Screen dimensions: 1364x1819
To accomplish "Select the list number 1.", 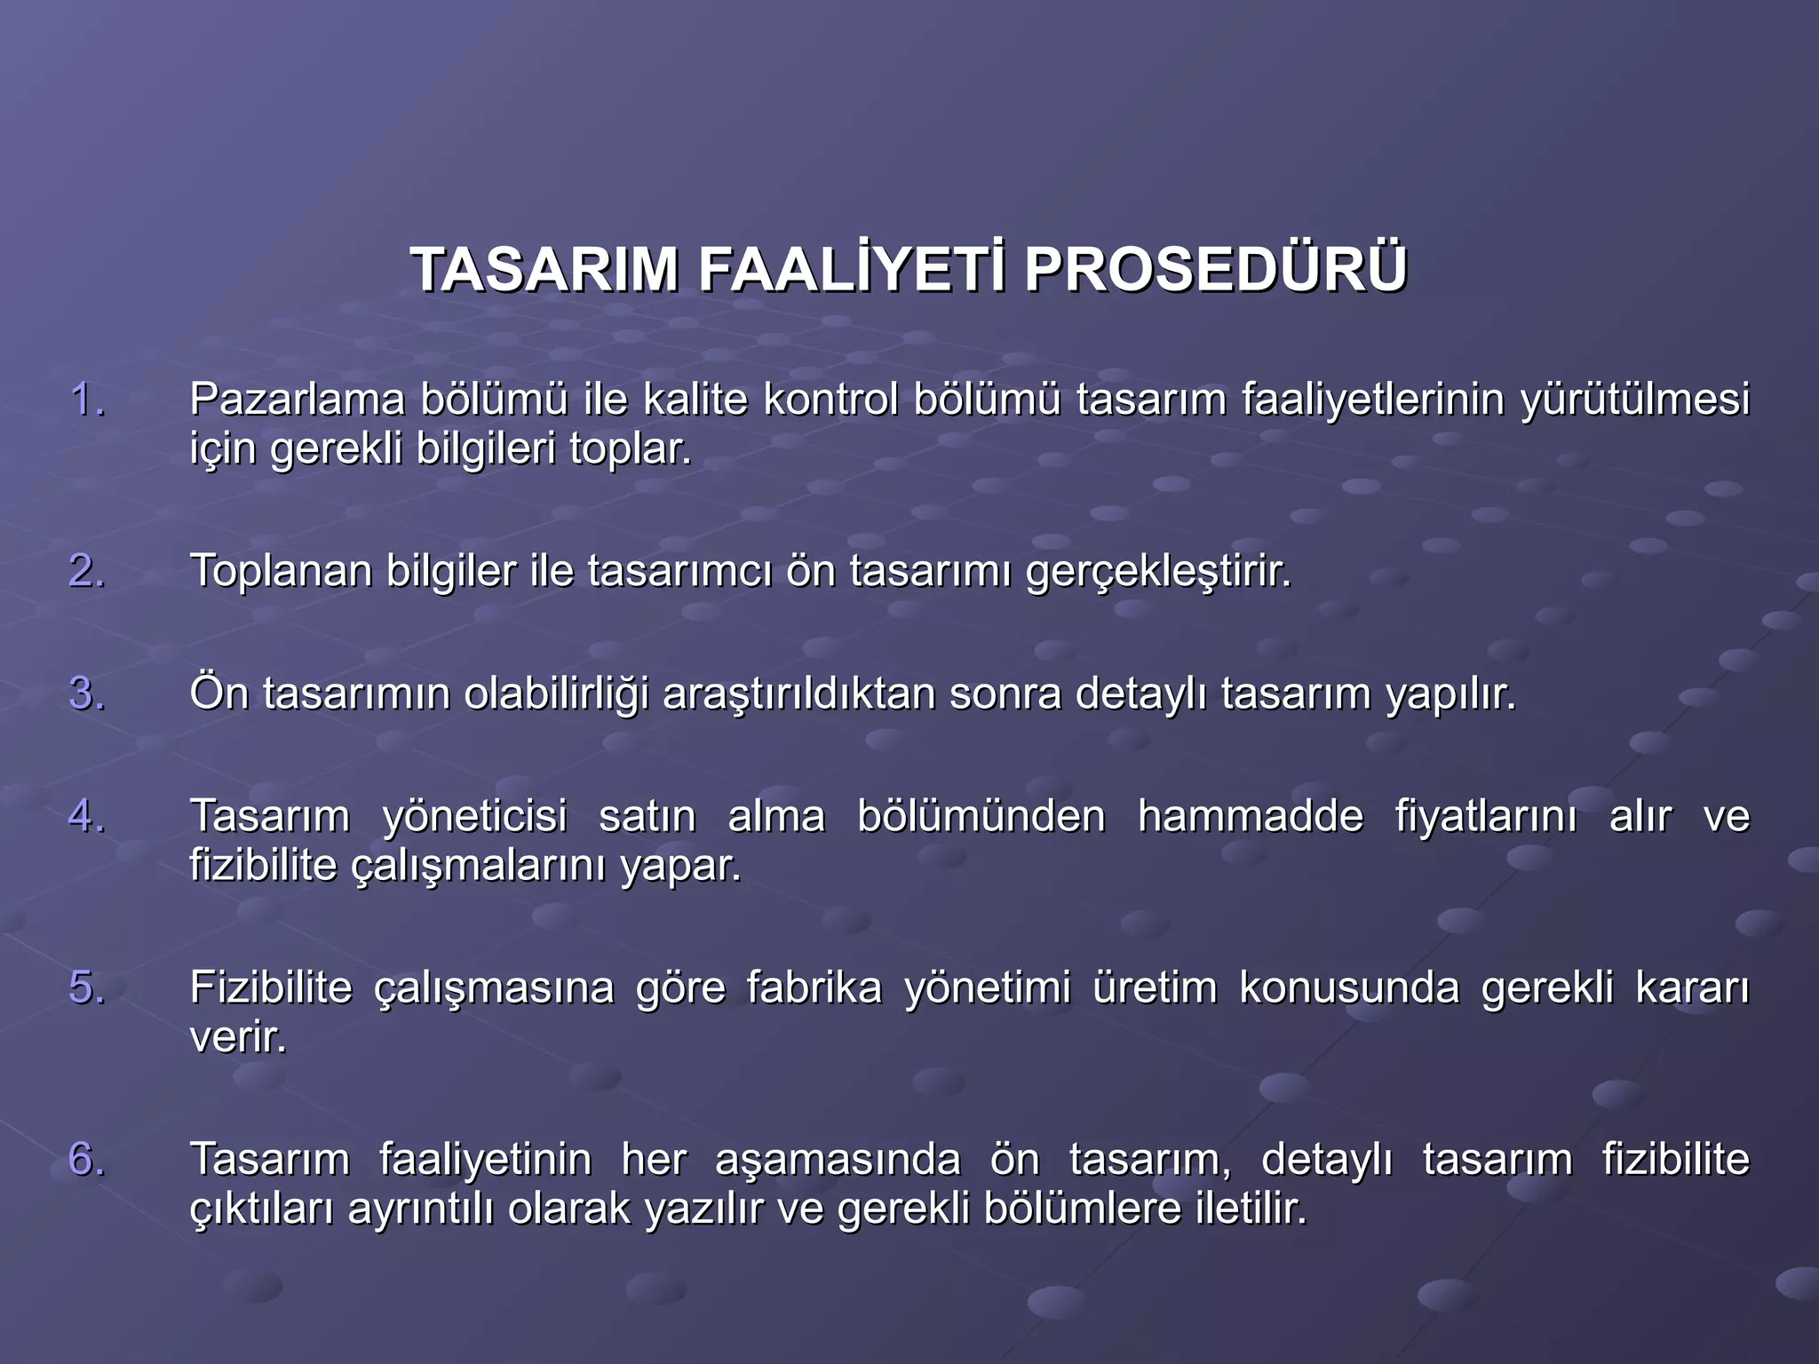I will [x=86, y=400].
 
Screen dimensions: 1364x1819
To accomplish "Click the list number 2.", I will [x=86, y=570].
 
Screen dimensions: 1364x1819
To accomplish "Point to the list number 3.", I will [x=86, y=694].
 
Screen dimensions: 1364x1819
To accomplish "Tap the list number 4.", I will [x=86, y=816].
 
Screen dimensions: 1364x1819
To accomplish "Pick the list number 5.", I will [x=86, y=987].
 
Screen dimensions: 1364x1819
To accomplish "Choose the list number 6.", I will [x=86, y=1159].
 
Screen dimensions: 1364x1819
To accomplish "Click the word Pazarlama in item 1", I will [x=297, y=400].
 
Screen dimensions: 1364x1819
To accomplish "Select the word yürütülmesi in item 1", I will [x=1634, y=400].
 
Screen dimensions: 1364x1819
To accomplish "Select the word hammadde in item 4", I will [x=1250, y=816].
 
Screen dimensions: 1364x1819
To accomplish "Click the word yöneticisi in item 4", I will [x=474, y=816].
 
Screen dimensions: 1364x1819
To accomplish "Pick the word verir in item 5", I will [x=237, y=1037].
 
